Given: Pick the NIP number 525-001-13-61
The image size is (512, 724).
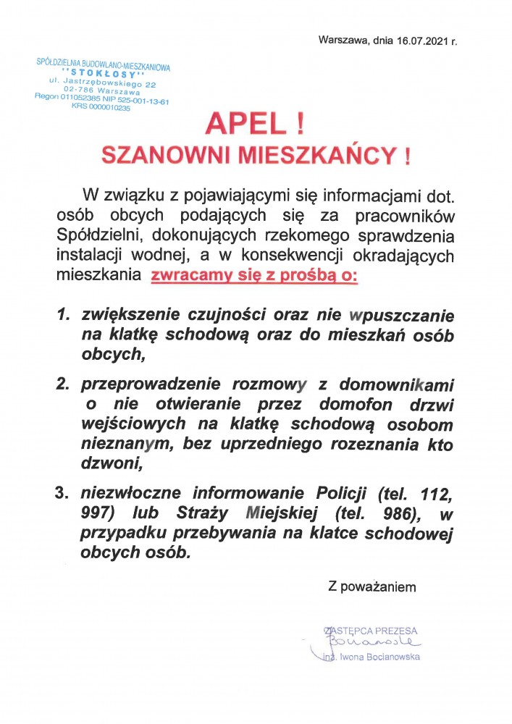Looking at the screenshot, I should [141, 101].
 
